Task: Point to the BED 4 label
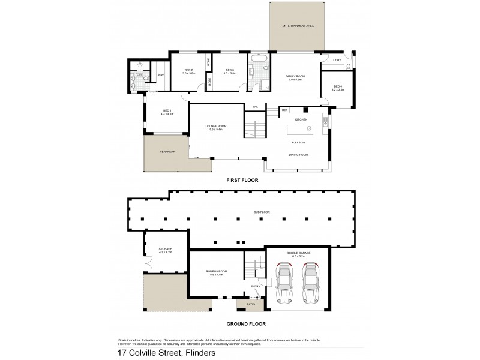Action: coord(338,86)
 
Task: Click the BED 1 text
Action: coord(167,110)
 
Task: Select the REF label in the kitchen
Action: coord(284,110)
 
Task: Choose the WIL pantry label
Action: coord(255,107)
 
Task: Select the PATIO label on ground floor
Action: coord(250,304)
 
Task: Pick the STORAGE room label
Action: coord(166,249)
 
